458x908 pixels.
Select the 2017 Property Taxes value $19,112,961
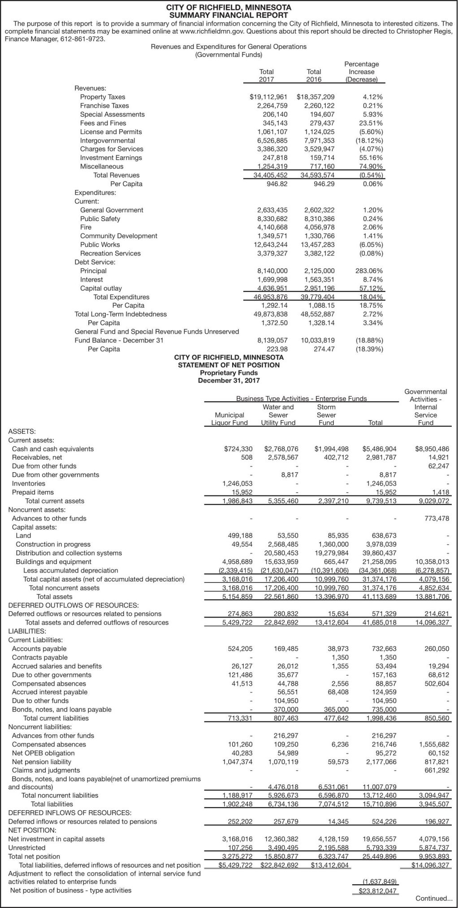point(268,97)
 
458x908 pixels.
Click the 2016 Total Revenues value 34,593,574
point(315,175)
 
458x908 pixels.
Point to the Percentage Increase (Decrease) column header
point(361,72)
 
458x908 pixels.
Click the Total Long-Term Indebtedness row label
point(120,314)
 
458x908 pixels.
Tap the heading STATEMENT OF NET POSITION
point(229,365)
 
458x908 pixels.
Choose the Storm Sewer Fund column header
point(326,415)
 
